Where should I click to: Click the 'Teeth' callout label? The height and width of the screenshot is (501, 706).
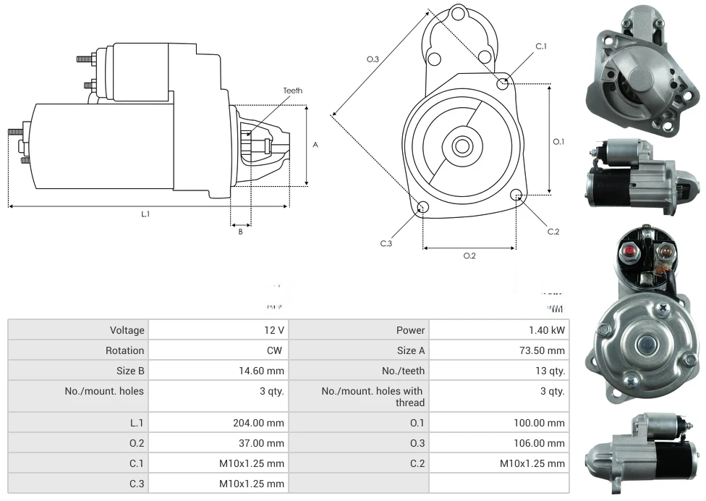click(x=292, y=90)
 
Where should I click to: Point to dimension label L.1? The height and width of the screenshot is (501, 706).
click(x=145, y=214)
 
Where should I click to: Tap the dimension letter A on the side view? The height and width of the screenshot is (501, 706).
click(x=315, y=145)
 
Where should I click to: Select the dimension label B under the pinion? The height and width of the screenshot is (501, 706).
click(x=241, y=232)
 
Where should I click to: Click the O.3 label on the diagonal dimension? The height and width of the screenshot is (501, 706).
click(x=373, y=59)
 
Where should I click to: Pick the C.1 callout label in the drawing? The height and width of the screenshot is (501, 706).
click(x=540, y=46)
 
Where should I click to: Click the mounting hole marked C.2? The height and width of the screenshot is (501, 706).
click(x=516, y=195)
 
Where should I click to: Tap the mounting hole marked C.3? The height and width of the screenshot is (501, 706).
click(x=423, y=209)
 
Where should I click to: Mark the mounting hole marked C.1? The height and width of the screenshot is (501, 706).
click(x=503, y=84)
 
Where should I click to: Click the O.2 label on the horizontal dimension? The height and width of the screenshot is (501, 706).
click(x=469, y=256)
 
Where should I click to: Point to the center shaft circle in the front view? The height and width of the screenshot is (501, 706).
click(x=462, y=146)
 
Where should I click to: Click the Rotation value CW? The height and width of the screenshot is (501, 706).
click(x=276, y=350)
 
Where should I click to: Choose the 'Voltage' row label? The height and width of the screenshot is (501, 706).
click(x=127, y=330)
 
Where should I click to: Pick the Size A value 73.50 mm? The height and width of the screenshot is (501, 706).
click(x=542, y=350)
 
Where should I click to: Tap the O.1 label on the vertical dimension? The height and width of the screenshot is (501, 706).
click(x=558, y=142)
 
